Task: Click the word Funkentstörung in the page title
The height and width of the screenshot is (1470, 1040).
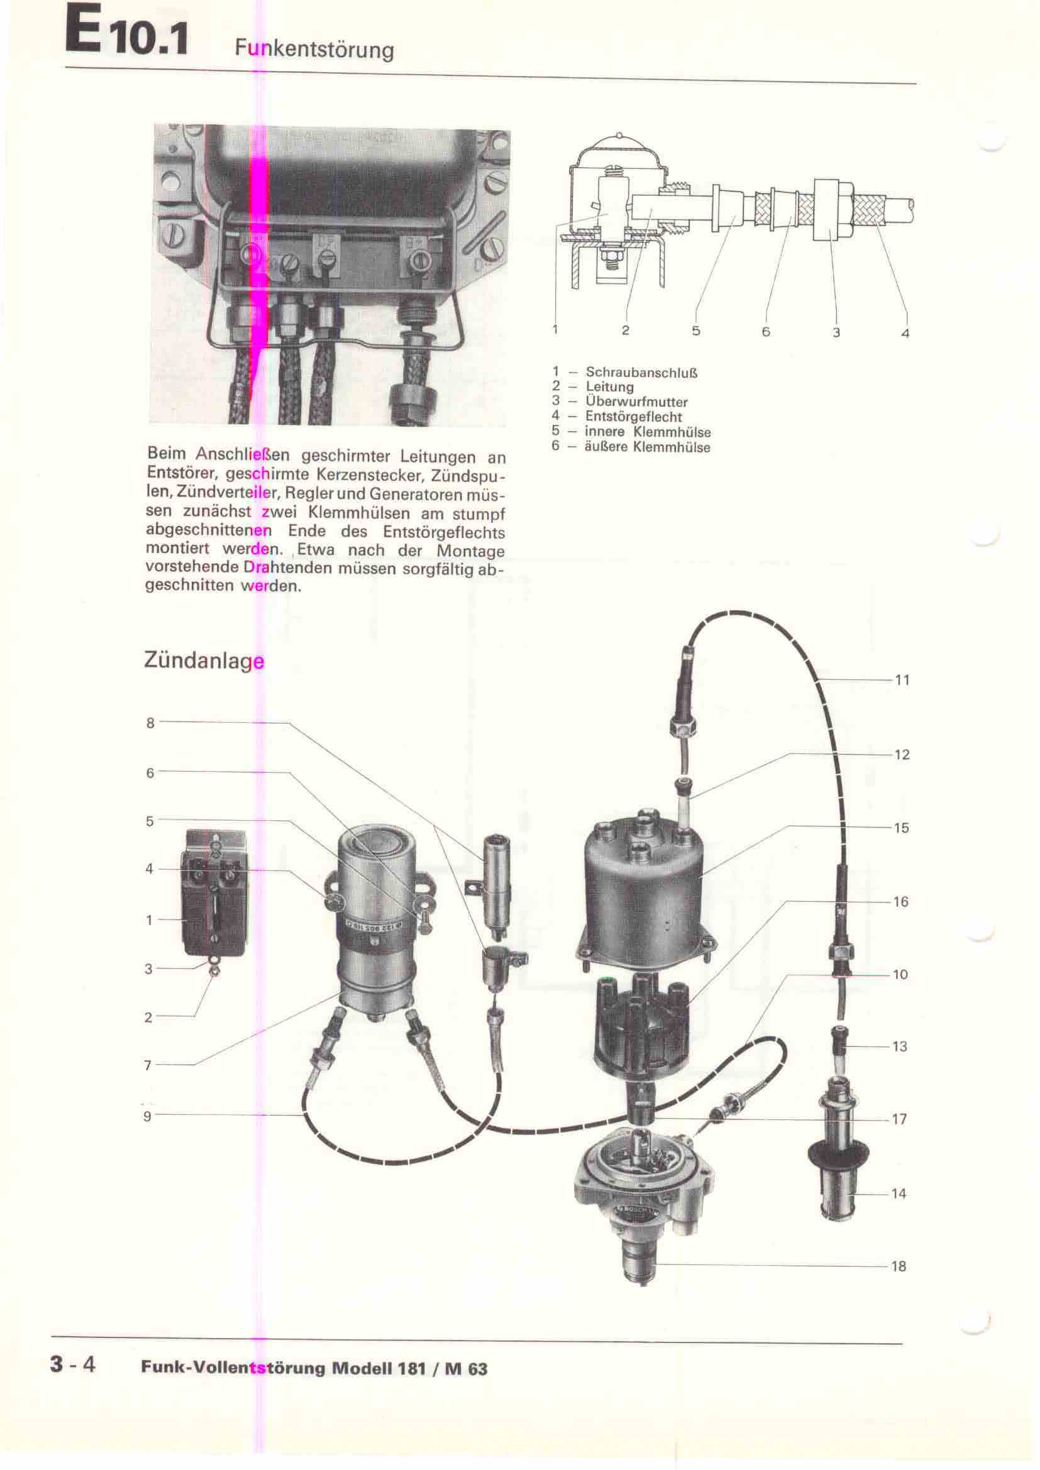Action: (x=314, y=48)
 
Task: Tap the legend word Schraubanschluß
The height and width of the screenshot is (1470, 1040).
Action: (x=642, y=372)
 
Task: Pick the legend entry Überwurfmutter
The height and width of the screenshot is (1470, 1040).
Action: (x=636, y=402)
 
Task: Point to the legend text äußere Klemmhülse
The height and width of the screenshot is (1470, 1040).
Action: (x=648, y=447)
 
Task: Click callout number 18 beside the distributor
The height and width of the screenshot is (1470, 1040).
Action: (x=899, y=1266)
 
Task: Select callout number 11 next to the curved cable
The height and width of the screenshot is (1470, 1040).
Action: (x=902, y=680)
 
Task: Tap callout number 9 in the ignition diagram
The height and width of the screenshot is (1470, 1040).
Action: (x=148, y=1116)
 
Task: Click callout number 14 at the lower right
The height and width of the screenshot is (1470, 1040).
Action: (x=899, y=1193)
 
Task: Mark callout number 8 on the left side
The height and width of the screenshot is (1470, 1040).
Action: (x=150, y=723)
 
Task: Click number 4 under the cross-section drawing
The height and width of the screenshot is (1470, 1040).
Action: (x=905, y=333)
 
